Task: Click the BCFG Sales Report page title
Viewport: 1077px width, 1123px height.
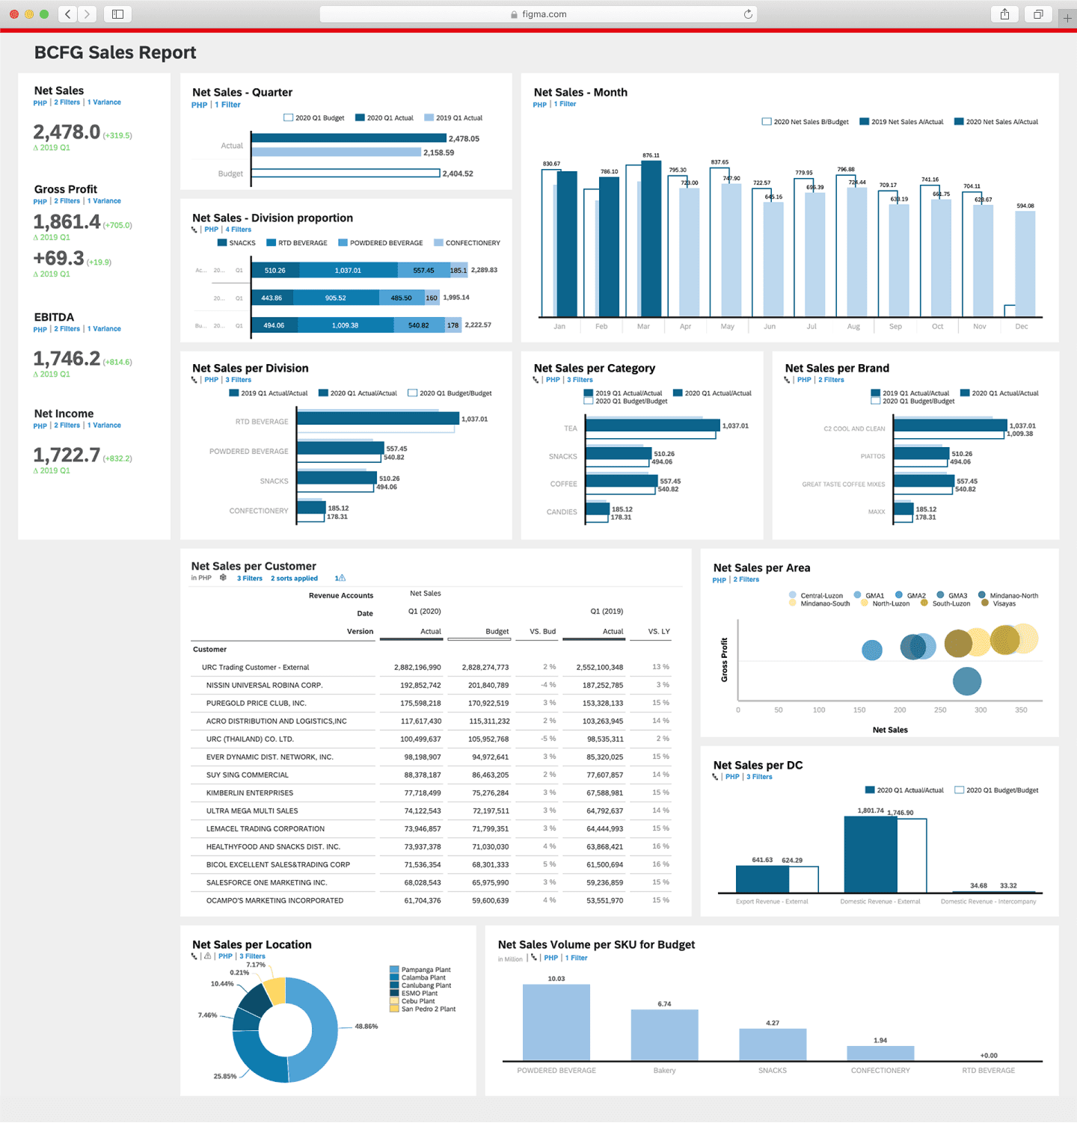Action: point(115,53)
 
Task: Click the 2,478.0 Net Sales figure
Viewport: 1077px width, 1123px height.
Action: point(67,132)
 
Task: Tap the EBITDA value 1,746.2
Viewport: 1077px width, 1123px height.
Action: point(67,359)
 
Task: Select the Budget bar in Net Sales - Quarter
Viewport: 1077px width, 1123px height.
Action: point(345,173)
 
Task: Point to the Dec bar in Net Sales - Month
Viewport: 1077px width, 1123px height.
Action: point(1025,263)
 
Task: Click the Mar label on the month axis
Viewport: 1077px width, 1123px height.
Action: point(643,327)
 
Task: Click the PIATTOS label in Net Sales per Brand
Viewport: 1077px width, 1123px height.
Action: point(872,456)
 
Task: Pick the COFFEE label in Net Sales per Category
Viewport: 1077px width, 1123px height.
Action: point(563,484)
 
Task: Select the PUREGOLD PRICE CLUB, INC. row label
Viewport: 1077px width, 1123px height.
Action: point(256,704)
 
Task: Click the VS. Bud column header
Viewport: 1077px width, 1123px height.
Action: point(542,632)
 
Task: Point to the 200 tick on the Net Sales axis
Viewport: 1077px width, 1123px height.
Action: point(900,710)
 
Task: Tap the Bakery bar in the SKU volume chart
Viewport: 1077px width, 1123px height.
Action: point(664,1035)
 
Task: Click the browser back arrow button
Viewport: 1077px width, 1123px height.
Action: point(67,14)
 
